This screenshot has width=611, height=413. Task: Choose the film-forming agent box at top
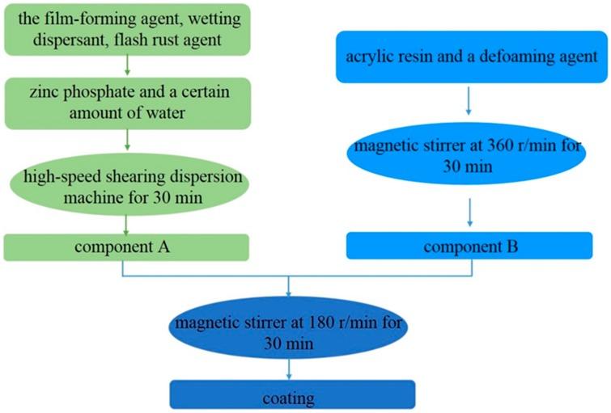click(x=126, y=27)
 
